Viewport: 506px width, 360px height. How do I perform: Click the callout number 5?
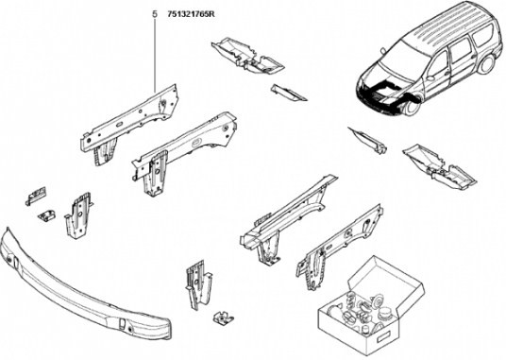pos(155,14)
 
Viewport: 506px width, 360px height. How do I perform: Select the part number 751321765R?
pos(191,14)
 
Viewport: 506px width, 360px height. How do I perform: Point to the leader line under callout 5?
pos(155,55)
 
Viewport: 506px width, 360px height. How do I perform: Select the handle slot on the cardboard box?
pos(383,338)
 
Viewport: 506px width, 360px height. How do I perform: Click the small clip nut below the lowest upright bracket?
pos(223,317)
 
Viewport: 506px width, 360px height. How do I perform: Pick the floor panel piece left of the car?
pos(248,56)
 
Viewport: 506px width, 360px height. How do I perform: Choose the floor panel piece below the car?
pos(440,167)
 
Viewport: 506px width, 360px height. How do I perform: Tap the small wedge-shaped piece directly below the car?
pos(369,140)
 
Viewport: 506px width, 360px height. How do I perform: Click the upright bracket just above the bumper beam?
pos(78,215)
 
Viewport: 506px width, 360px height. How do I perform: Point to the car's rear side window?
pos(482,35)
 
